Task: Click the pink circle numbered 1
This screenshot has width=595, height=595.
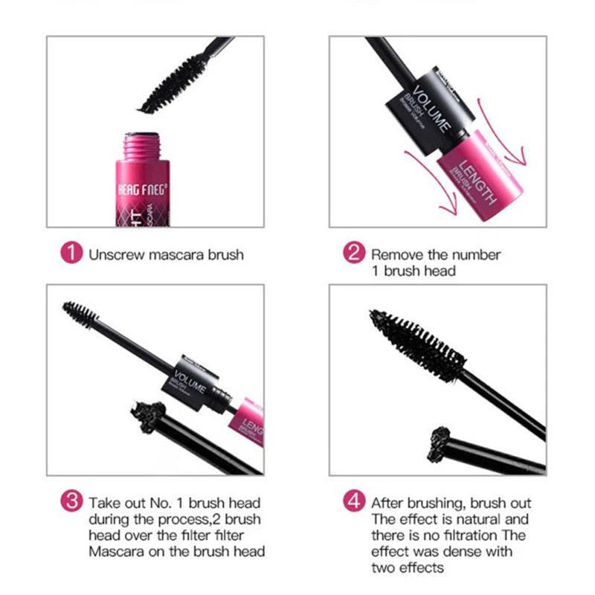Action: [71, 254]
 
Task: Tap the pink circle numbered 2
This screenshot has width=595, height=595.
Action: [353, 254]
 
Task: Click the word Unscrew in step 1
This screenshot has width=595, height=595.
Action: [114, 254]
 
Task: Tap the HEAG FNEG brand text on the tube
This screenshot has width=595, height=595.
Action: [141, 190]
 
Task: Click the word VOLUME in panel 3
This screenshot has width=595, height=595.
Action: [187, 374]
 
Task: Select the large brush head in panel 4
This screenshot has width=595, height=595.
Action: [416, 347]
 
